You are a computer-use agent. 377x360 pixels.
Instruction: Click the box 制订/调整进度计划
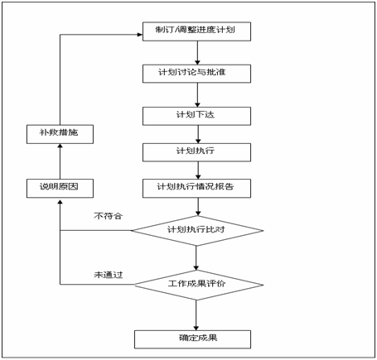click(196, 31)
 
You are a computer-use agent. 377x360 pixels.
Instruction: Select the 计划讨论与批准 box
click(196, 74)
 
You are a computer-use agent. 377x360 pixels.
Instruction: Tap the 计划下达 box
click(196, 116)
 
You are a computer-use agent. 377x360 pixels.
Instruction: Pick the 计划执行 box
click(196, 152)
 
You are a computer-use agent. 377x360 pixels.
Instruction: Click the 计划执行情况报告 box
click(196, 189)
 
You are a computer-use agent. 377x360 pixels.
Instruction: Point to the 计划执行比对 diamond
click(197, 230)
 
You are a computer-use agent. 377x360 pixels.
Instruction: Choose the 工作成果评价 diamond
click(199, 285)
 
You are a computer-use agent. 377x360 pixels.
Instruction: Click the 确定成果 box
click(193, 339)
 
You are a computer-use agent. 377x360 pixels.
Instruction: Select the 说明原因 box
click(60, 189)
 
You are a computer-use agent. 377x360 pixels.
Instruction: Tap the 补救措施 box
click(60, 134)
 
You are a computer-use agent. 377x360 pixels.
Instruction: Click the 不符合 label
click(108, 216)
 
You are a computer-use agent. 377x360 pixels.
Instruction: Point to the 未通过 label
click(109, 275)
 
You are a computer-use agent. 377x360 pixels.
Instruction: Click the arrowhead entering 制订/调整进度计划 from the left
click(140, 35)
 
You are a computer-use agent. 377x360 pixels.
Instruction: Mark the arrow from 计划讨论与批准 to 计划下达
click(197, 95)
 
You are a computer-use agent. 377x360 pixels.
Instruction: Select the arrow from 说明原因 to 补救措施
click(60, 161)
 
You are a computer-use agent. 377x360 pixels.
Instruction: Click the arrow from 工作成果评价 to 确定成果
click(196, 315)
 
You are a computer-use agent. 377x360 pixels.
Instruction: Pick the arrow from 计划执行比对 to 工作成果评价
click(196, 257)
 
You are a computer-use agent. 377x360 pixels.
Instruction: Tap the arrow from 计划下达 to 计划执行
click(198, 134)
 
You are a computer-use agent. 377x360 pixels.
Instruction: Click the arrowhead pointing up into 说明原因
click(60, 203)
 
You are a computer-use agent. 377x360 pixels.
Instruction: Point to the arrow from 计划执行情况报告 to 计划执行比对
click(198, 207)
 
